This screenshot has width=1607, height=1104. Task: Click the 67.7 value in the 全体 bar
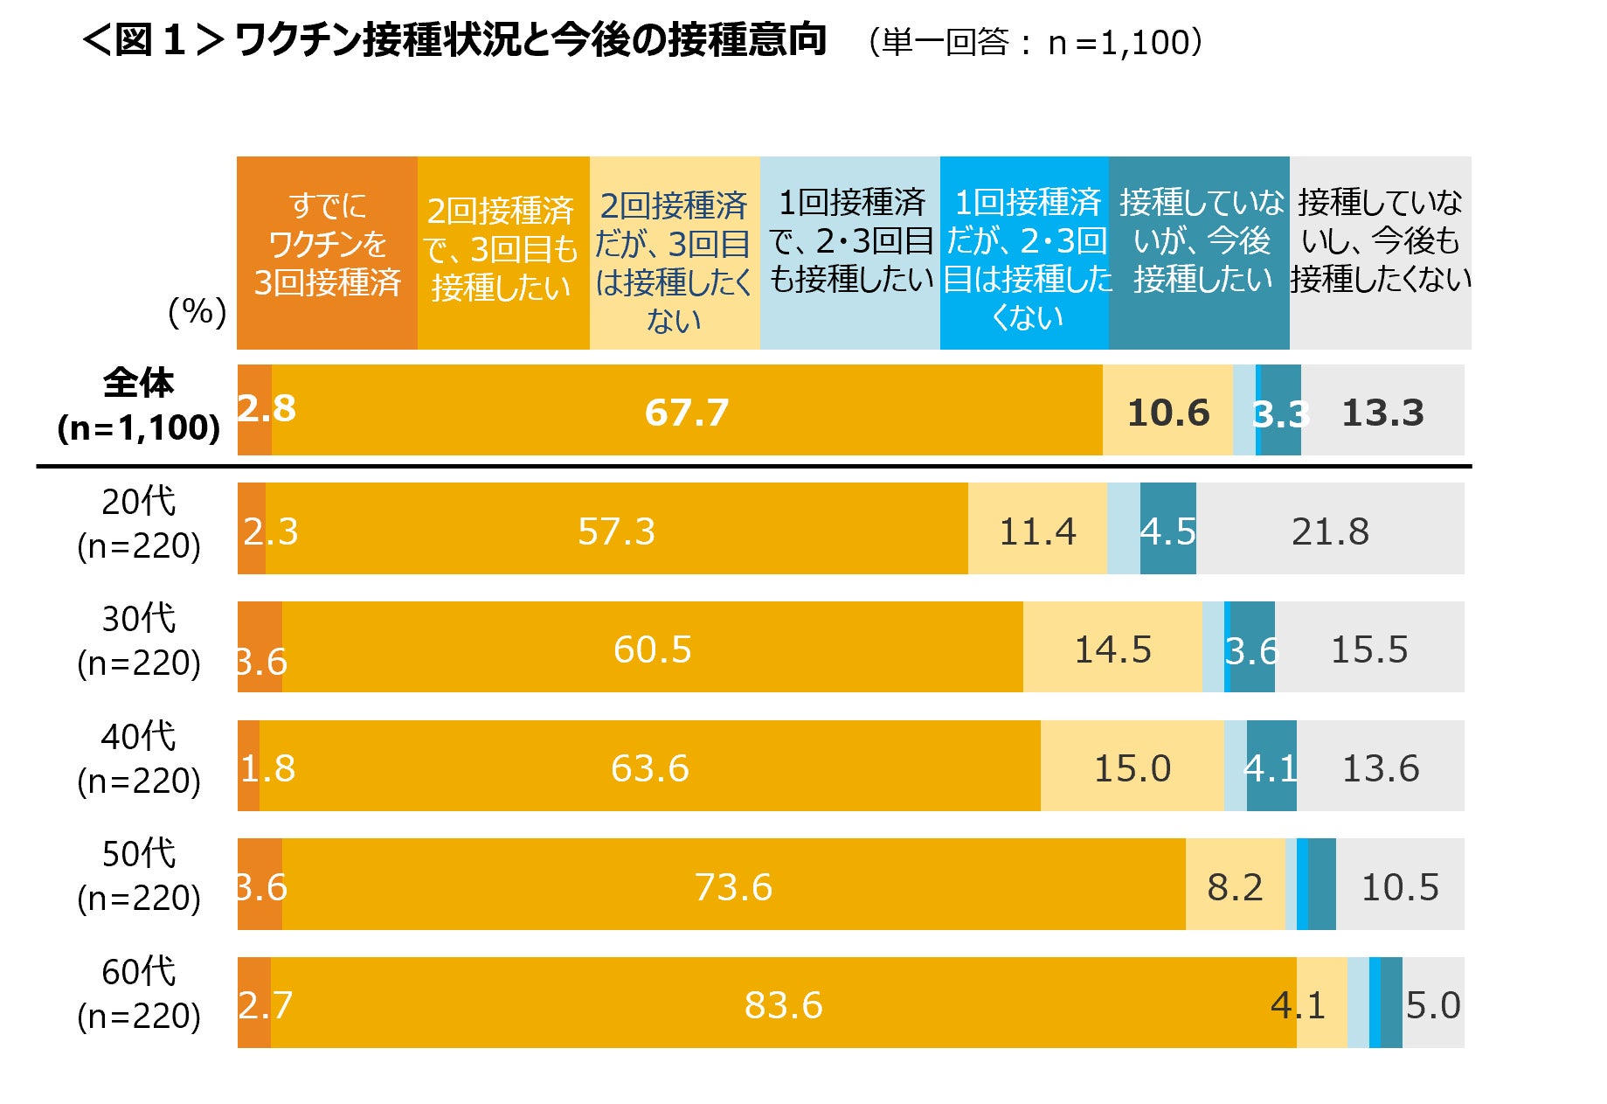tap(687, 413)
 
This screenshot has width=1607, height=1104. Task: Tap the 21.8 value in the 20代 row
tap(1330, 531)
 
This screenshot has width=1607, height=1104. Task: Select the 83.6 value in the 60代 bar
tap(783, 1005)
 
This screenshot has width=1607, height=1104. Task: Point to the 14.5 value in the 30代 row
tap(1112, 649)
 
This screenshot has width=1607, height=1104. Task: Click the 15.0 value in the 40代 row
tap(1132, 768)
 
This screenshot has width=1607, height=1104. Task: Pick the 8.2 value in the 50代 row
tap(1235, 887)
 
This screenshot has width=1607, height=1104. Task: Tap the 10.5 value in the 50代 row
tap(1400, 887)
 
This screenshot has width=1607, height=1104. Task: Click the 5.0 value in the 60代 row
tap(1432, 1005)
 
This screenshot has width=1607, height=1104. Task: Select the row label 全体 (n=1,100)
tap(138, 406)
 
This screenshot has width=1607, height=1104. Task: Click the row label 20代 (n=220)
tap(138, 524)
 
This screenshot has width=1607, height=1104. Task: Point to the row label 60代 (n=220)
tap(138, 994)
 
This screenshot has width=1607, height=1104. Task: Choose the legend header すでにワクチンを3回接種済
tap(327, 245)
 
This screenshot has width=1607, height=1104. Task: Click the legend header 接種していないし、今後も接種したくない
tap(1380, 241)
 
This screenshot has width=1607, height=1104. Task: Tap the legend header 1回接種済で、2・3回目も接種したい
tap(850, 241)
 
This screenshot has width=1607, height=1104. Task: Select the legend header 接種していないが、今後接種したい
tap(1199, 241)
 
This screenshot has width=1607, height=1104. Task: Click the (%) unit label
tap(197, 311)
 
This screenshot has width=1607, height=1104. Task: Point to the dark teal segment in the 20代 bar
tap(1167, 529)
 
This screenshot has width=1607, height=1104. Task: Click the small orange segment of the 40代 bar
tap(248, 766)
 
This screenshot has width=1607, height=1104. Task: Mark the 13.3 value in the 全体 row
tap(1382, 413)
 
